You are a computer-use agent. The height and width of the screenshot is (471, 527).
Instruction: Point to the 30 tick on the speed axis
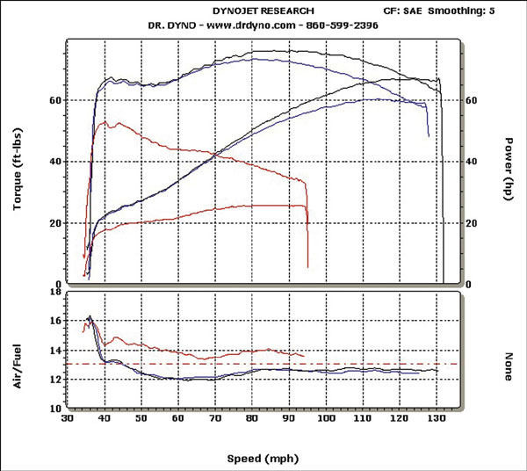(x=68, y=420)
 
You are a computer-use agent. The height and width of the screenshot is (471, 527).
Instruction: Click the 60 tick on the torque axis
(x=54, y=100)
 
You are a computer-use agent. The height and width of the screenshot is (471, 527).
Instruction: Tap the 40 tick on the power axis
(x=472, y=162)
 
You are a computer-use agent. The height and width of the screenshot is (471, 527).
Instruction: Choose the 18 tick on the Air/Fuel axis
(x=54, y=291)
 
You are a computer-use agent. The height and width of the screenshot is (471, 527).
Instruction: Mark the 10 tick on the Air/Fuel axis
(x=54, y=409)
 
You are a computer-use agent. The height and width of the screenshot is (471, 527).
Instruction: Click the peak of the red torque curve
(x=106, y=123)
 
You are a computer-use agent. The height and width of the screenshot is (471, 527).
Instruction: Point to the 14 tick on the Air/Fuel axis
(x=54, y=350)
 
